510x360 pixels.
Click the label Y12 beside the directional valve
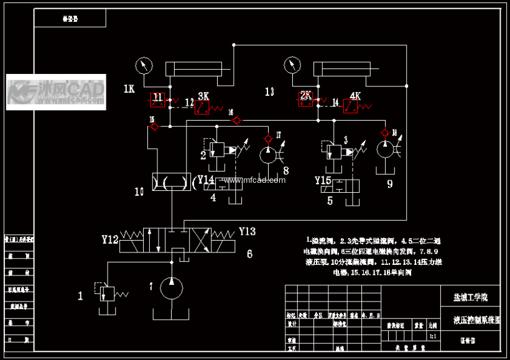pos(110,238)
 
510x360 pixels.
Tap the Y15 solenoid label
pos(323,180)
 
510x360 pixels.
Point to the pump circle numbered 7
pos(172,287)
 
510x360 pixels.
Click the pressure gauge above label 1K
pos(144,65)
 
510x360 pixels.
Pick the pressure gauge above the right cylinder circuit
pos(292,65)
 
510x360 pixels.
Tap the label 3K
pos(203,96)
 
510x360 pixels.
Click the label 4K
pos(355,96)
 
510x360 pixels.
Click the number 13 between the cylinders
pos(269,91)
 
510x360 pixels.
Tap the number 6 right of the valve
pos(249,254)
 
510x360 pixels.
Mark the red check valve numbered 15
pos(154,127)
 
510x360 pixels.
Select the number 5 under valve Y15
pos(330,200)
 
